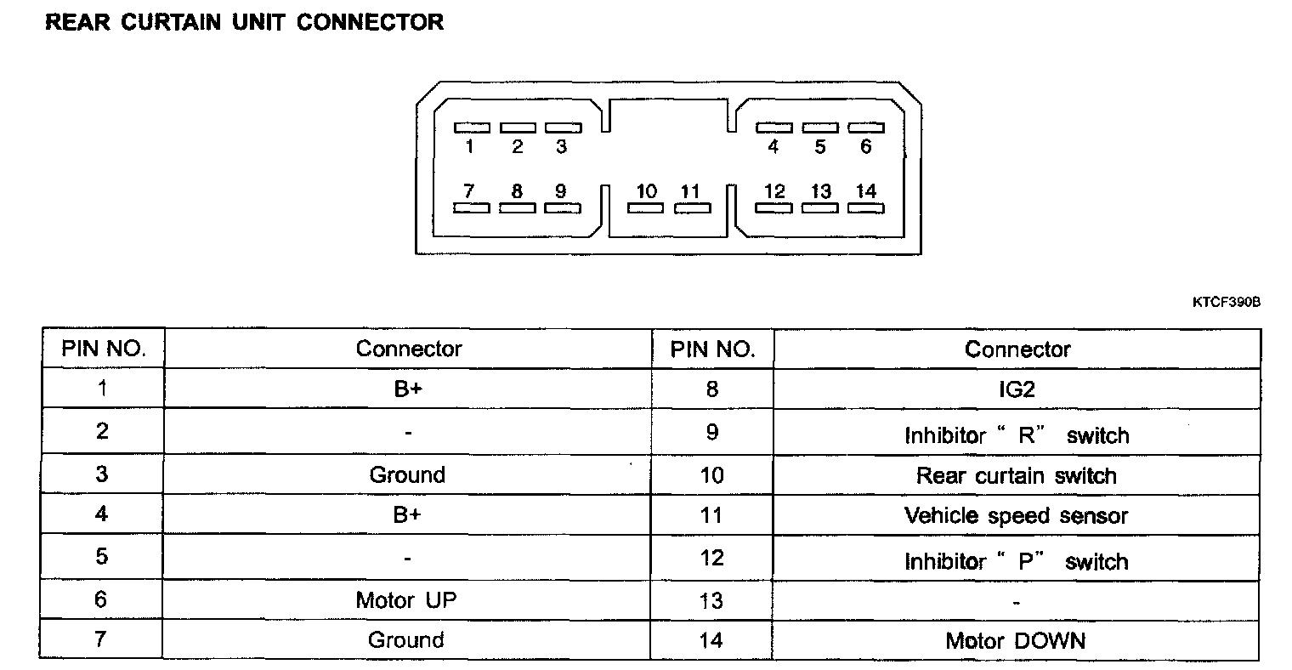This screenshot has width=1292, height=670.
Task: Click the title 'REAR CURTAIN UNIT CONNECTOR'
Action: [244, 23]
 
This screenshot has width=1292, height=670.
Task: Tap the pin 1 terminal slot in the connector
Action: [472, 128]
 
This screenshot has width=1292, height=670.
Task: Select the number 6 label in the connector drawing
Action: [865, 147]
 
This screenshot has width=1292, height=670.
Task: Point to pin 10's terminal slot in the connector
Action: [646, 207]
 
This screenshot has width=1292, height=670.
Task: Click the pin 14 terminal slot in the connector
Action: [865, 207]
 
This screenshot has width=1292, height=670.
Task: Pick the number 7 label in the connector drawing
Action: [469, 191]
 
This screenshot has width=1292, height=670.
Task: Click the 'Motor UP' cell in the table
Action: [406, 599]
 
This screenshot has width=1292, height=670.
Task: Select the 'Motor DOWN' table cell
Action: [1016, 640]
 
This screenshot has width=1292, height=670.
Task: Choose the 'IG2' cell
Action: [1017, 389]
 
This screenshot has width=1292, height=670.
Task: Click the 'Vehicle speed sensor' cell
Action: [1016, 515]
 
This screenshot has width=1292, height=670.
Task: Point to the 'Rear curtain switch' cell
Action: [1016, 475]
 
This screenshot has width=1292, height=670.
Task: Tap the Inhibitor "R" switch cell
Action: [1016, 435]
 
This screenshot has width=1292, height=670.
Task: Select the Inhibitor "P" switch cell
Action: [1016, 561]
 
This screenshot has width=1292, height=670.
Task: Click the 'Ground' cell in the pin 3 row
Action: [406, 474]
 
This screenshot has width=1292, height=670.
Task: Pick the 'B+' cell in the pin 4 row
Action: [406, 514]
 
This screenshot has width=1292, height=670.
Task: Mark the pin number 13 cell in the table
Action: [711, 601]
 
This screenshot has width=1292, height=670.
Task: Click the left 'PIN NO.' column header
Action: [103, 349]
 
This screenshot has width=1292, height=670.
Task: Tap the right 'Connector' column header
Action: [1017, 349]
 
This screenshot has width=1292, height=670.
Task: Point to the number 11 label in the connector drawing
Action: [689, 191]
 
